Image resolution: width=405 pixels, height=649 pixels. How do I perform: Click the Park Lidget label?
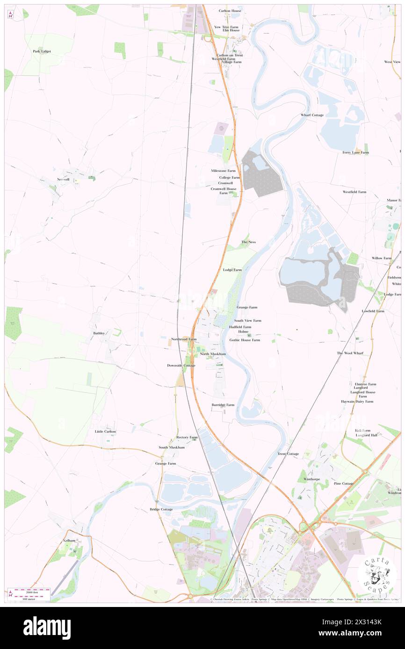pyautogui.click(x=42, y=51)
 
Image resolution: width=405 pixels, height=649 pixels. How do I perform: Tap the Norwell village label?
pyautogui.click(x=63, y=179)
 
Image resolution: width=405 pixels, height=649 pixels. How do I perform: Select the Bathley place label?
pyautogui.click(x=99, y=333)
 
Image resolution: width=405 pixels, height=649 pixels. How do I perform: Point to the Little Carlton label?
pyautogui.click(x=105, y=431)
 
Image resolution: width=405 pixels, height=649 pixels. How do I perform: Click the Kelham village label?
pyautogui.click(x=69, y=540)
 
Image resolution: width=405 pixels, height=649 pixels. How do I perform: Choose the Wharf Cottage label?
pyautogui.click(x=312, y=115)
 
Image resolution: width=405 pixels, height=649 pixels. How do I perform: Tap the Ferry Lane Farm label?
pyautogui.click(x=355, y=152)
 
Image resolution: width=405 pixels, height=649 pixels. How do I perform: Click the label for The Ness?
pyautogui.click(x=248, y=242)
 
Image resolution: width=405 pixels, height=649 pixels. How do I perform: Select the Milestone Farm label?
pyautogui.click(x=223, y=171)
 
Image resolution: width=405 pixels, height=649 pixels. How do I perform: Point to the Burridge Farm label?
pyautogui.click(x=223, y=405)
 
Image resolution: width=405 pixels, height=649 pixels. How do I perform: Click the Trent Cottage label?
pyautogui.click(x=288, y=454)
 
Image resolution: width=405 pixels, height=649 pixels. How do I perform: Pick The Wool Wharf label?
pyautogui.click(x=350, y=353)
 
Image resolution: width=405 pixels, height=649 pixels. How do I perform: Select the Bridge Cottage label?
pyautogui.click(x=161, y=509)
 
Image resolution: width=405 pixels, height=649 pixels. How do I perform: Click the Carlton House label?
pyautogui.click(x=230, y=10)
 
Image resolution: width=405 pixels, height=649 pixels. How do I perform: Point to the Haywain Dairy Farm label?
pyautogui.click(x=357, y=402)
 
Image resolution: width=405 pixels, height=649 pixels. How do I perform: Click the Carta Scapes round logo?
pyautogui.click(x=377, y=575)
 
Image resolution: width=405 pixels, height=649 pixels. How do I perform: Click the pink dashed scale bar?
pyautogui.click(x=32, y=591)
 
